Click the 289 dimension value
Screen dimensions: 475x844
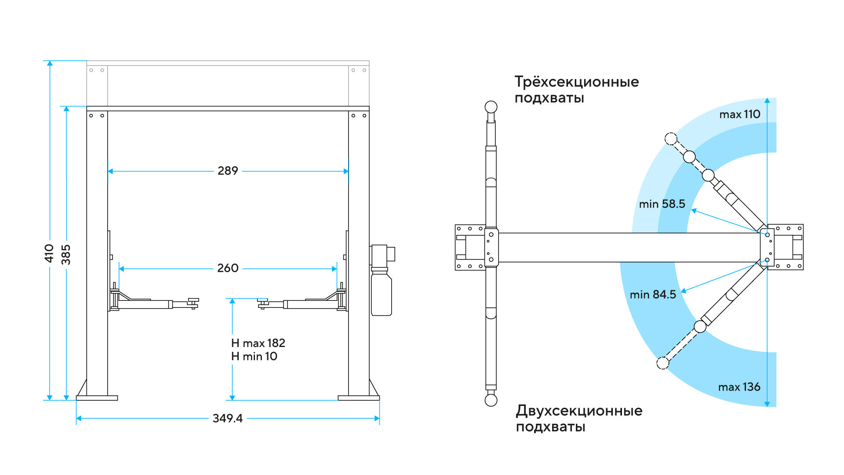tap(228, 171)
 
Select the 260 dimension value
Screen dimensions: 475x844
tap(228, 268)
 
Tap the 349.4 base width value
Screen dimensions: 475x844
tap(227, 418)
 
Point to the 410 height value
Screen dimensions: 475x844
tap(49, 253)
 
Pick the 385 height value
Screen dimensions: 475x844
tap(66, 255)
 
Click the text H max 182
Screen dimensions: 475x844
tap(258, 343)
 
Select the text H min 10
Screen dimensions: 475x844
tap(254, 356)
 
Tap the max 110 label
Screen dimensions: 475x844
tap(740, 114)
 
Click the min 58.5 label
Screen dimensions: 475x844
tap(662, 204)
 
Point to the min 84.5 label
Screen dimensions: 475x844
tap(653, 295)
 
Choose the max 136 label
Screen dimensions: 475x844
tap(739, 387)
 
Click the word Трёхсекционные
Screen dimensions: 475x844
tap(577, 82)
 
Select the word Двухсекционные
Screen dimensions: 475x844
tap(579, 411)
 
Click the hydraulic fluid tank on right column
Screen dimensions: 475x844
tap(381, 293)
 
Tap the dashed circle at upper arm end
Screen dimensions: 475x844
tap(671, 139)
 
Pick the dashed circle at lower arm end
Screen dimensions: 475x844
tap(663, 363)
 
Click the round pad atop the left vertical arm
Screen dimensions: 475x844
tap(491, 107)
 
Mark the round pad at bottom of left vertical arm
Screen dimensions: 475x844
tap(491, 400)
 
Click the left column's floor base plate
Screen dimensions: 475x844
tap(97, 398)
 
